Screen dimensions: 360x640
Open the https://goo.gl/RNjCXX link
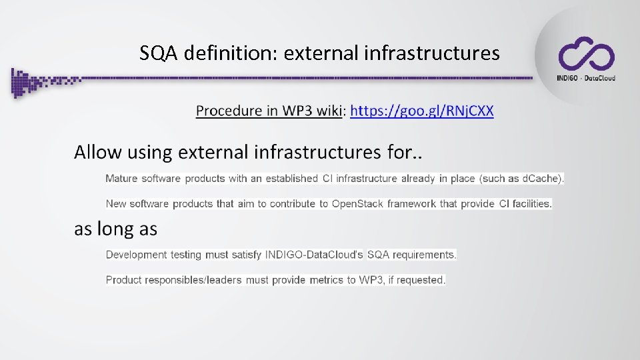coord(422,111)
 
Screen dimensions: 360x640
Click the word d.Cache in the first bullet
coord(541,179)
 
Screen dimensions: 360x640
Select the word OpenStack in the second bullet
coord(357,204)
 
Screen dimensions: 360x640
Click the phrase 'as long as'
coord(115,229)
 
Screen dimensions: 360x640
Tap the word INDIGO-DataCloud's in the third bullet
coord(314,255)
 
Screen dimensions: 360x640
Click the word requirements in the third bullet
coord(425,255)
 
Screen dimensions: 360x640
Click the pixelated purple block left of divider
coord(27,82)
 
